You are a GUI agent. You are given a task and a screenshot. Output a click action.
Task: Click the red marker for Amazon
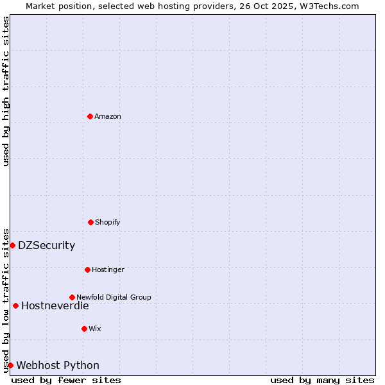90,116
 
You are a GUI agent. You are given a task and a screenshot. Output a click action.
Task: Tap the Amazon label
108,117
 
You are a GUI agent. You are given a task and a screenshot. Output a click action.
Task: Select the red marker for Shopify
90,222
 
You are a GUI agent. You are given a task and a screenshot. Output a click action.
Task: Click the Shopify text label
108,223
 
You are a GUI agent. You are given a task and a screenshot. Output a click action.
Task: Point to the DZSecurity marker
12,245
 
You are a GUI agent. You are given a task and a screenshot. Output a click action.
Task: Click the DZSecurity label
46,246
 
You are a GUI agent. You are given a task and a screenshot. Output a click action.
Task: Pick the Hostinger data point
87,269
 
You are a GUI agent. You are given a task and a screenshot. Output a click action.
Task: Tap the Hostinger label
108,270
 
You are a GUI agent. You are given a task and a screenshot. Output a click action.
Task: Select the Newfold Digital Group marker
72,297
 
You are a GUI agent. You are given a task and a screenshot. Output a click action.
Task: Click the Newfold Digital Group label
114,298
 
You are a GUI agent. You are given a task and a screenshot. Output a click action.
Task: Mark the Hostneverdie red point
15,305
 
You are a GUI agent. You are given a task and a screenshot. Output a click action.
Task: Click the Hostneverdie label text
55,306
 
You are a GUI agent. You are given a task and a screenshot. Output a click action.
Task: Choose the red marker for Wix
84,329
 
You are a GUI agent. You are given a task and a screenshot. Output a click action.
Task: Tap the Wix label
95,329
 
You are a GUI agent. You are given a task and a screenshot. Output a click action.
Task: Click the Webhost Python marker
10,365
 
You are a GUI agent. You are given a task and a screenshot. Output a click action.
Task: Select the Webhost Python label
58,366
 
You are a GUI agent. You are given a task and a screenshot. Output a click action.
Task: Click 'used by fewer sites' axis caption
66,380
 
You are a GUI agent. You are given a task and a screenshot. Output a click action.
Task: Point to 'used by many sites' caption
322,380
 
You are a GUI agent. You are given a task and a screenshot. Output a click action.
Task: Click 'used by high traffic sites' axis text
6,91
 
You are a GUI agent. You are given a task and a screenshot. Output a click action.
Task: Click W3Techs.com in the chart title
328,6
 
